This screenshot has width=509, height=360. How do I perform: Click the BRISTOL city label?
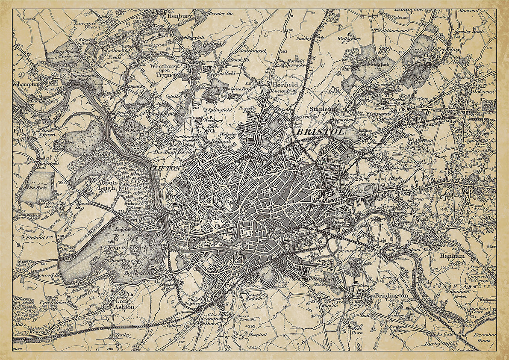320,133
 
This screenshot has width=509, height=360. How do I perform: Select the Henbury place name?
180,15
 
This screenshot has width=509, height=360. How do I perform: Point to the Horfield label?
285,85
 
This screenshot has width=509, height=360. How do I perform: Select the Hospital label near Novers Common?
258,334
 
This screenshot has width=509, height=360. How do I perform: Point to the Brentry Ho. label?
221,14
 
